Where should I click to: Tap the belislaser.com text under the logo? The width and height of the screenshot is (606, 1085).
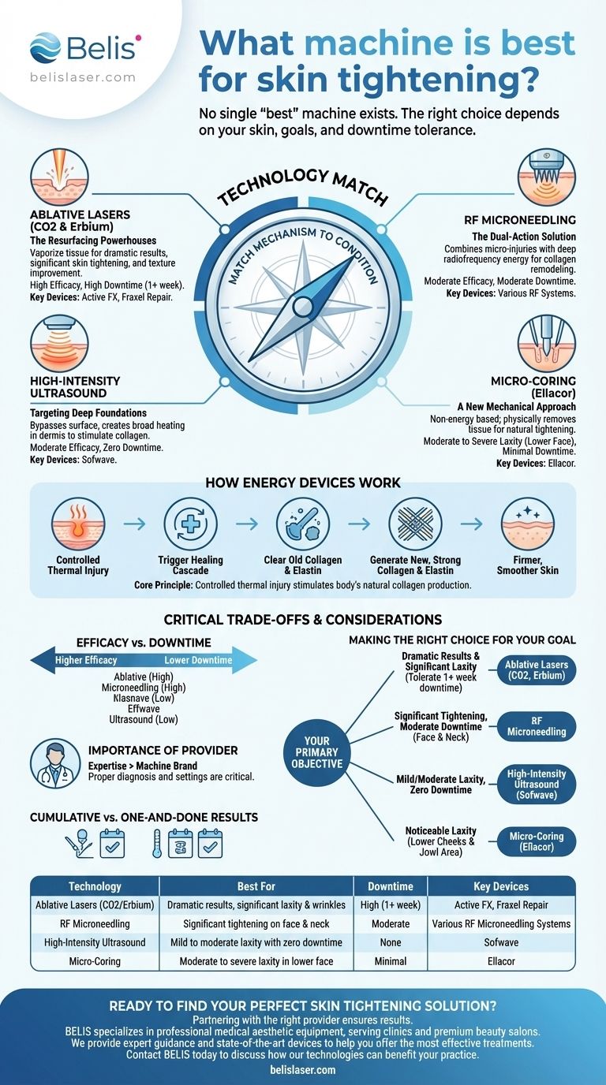click(x=83, y=77)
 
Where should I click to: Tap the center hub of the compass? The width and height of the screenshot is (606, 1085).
click(x=303, y=305)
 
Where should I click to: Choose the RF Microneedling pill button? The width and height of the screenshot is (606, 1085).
click(x=537, y=725)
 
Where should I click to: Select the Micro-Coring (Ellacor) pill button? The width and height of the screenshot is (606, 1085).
click(x=537, y=841)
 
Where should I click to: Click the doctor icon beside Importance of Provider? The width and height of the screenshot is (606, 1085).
click(x=55, y=763)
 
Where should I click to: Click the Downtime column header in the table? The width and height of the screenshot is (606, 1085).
click(x=390, y=886)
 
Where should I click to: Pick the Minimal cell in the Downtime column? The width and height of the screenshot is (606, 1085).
click(x=390, y=961)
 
